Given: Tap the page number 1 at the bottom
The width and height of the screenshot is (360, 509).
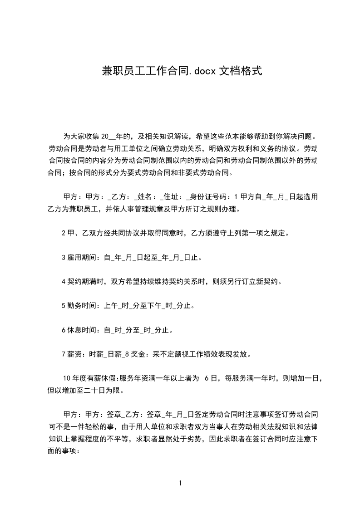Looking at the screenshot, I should pyautogui.click(x=180, y=483).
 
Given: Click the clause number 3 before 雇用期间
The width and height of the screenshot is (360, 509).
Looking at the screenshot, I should pyautogui.click(x=64, y=258).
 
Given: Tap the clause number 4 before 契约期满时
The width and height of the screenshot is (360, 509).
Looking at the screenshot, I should pyautogui.click(x=64, y=282).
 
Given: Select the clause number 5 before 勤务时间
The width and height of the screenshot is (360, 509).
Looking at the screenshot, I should pyautogui.click(x=64, y=306).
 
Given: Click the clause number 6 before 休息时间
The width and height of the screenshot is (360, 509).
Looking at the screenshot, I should pyautogui.click(x=64, y=330).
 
